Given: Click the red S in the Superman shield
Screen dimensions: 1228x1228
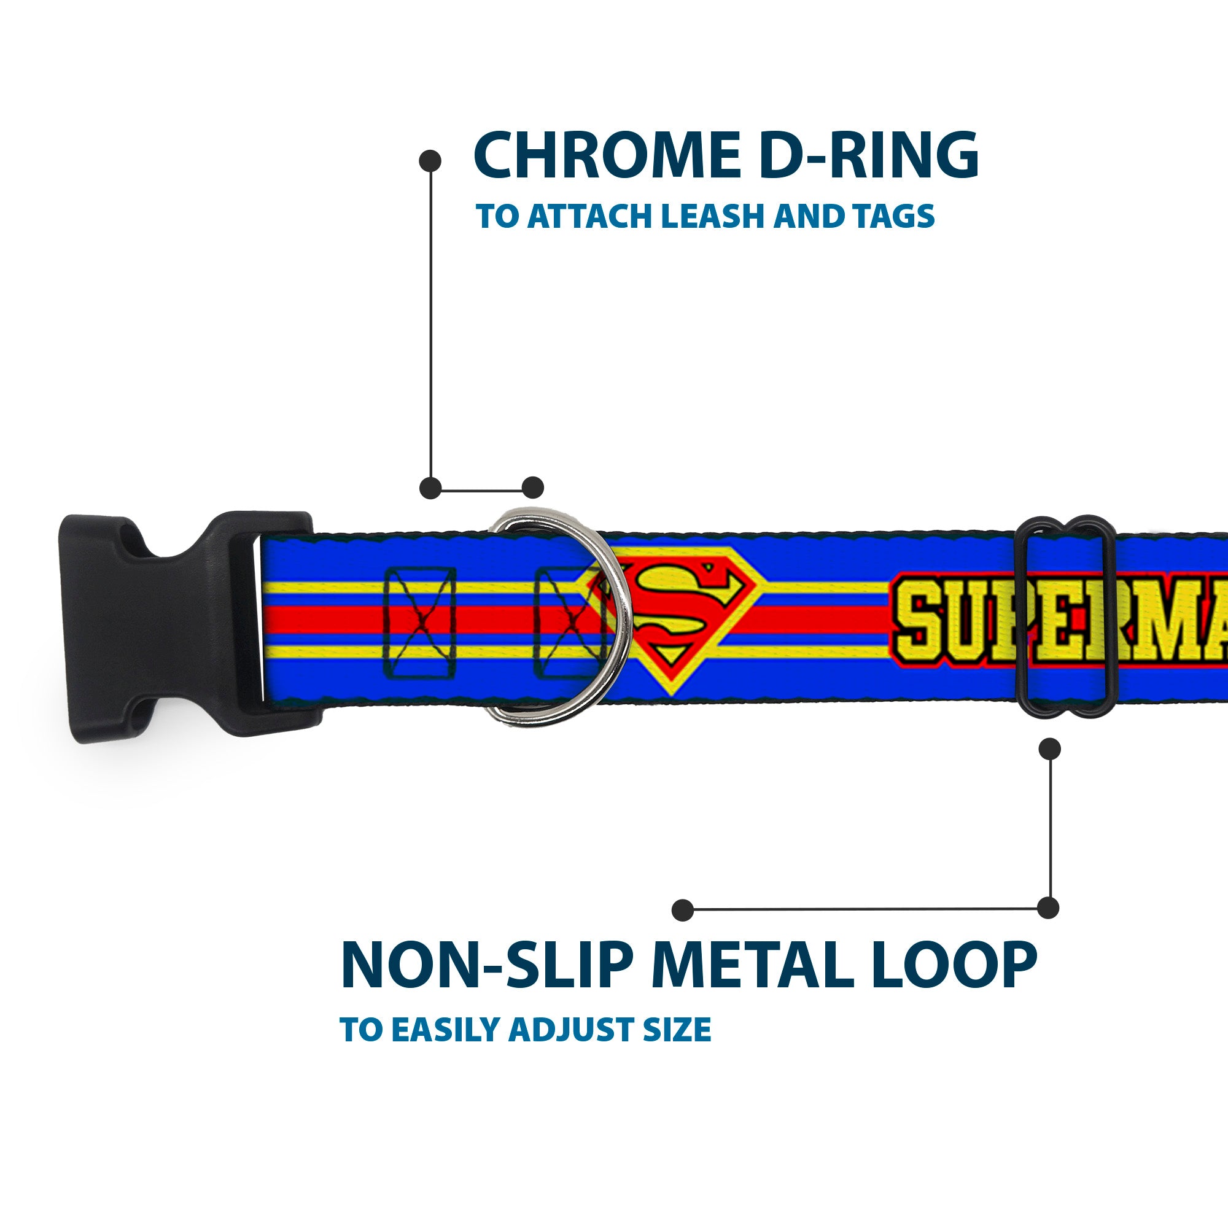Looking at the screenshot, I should [x=672, y=615].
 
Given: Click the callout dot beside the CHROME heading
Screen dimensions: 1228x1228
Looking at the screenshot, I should [x=430, y=161].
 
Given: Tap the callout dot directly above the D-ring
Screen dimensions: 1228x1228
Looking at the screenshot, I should [x=532, y=488].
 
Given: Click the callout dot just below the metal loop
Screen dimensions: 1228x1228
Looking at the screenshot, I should [x=1049, y=748].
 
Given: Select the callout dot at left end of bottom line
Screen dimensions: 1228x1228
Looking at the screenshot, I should [x=683, y=909].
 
